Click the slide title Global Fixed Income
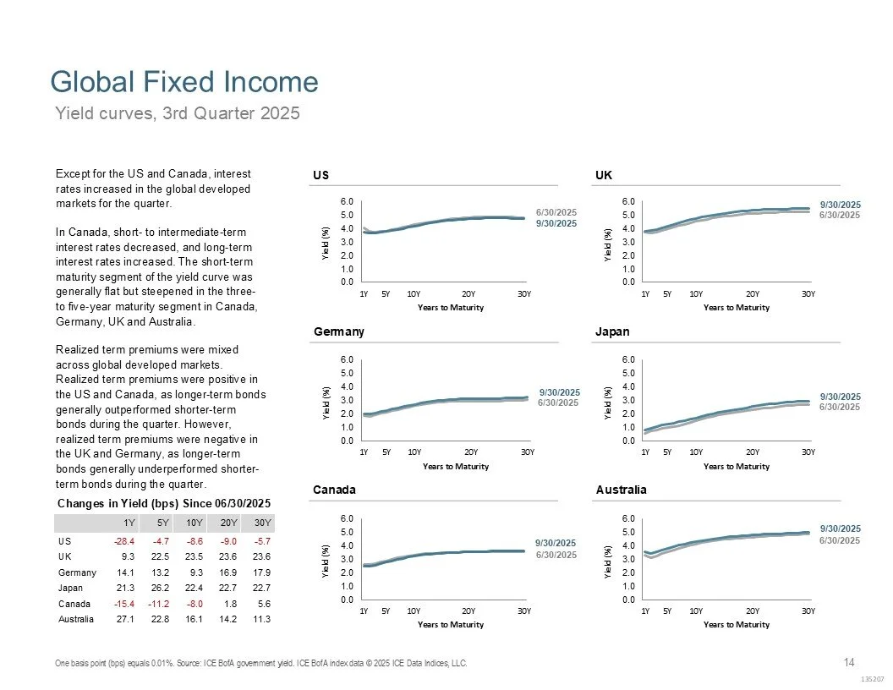(x=184, y=82)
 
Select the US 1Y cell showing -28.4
(x=125, y=540)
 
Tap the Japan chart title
(x=612, y=332)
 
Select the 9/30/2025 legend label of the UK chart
(x=840, y=205)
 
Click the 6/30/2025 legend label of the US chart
(x=556, y=211)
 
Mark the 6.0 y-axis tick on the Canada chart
(x=348, y=517)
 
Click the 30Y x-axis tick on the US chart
(x=524, y=293)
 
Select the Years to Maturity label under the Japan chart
(x=736, y=466)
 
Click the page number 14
(x=850, y=661)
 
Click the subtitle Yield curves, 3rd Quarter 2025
(x=178, y=112)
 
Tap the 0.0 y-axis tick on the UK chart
(x=631, y=282)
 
